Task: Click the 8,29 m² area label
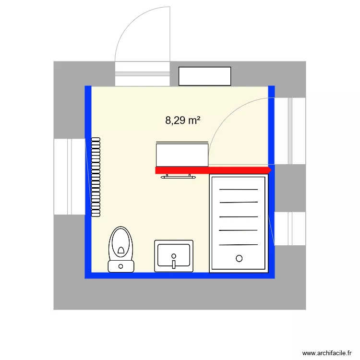coord(182,120)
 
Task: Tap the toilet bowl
coord(121,242)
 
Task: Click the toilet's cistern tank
coord(121,265)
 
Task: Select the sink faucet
coord(174,262)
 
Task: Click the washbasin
coord(174,256)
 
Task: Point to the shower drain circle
coord(239,259)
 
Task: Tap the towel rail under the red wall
coord(179,177)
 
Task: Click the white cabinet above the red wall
coord(182,154)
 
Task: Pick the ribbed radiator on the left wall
coord(96,177)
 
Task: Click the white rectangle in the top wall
coord(205,76)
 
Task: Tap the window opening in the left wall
coord(70,177)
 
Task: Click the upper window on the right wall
coord(290,131)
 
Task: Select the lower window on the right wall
coord(289,228)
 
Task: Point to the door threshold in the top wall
coord(143,74)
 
